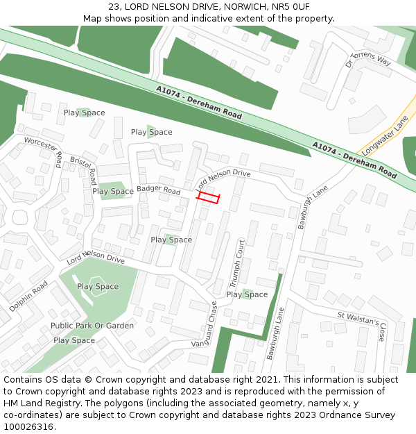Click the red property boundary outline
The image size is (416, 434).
coord(208,198)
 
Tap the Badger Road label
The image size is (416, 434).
coord(158,190)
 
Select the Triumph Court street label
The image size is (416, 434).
coord(238,264)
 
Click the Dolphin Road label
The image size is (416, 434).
coord(29,296)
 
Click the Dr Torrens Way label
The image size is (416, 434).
coord(368,60)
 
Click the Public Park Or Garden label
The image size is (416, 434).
coord(92,326)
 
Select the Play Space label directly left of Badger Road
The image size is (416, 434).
coord(113,192)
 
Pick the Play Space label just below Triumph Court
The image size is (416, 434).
coord(247,294)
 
